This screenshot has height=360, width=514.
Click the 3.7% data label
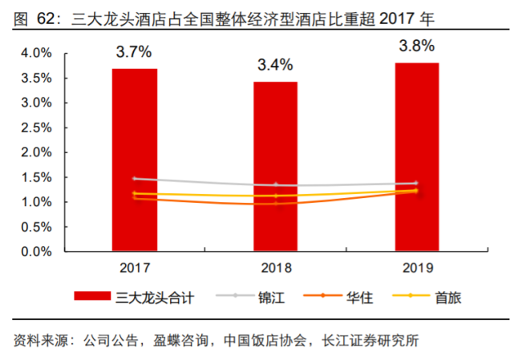coord(134,52)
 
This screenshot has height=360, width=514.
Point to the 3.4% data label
coord(275,65)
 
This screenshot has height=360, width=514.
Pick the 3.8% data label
coord(416,46)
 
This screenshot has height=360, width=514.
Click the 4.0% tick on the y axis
coord(36,53)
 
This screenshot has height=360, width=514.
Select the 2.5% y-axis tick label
coord(36,127)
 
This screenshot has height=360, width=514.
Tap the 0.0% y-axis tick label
coord(36,252)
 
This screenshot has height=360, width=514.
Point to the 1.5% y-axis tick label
coord(36,177)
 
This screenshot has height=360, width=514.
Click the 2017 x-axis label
coord(134,268)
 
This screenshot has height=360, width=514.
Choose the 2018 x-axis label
coord(275,268)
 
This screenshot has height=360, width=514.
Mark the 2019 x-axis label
coord(416,268)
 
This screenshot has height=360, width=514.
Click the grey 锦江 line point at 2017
coord(135,179)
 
